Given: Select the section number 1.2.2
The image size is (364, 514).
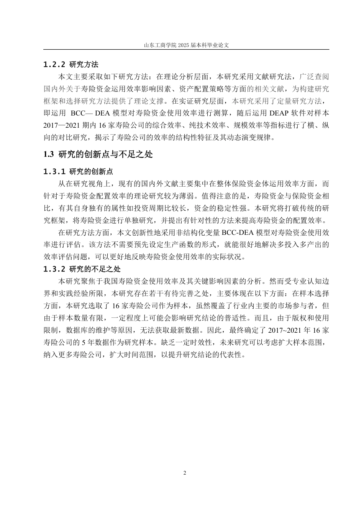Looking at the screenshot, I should coord(54,64).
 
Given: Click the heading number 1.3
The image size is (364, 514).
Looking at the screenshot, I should coord(48,154).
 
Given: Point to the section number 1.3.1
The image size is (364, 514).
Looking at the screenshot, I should coord(54,171).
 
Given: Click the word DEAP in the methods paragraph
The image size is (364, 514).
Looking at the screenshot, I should coord(278,114).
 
